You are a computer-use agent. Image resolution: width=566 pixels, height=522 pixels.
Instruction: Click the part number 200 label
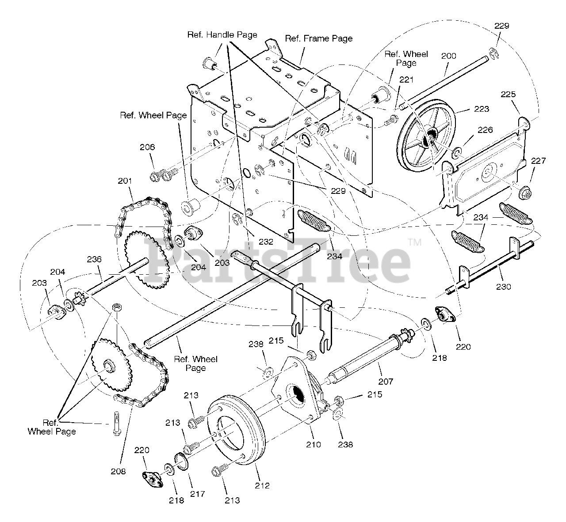[x=448, y=56]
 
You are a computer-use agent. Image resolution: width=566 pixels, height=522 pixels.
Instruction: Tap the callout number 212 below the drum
[x=262, y=486]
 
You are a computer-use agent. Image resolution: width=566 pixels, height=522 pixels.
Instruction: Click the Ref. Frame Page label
[x=318, y=38]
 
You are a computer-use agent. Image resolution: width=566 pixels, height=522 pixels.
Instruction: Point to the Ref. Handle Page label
[x=222, y=34]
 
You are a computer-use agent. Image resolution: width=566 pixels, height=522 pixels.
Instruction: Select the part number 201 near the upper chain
[x=125, y=181]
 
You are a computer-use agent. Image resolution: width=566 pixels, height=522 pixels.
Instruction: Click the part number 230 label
[x=504, y=287]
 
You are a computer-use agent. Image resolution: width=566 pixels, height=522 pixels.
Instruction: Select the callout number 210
[x=314, y=445]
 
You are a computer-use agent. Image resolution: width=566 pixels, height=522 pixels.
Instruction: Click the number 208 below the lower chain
[x=118, y=471]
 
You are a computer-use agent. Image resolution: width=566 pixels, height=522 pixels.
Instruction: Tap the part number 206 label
[x=148, y=148]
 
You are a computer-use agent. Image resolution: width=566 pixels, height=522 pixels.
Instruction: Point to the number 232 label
[x=266, y=242]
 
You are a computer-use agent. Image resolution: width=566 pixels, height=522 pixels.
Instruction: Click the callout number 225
[x=508, y=94]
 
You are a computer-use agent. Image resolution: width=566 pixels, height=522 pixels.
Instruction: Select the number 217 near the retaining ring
[x=197, y=494]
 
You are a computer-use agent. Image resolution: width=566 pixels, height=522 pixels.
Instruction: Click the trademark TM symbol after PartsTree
[x=414, y=242]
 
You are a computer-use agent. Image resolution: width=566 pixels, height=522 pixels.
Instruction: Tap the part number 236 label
[x=94, y=259]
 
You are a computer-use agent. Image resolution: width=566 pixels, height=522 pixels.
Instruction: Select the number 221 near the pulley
[x=406, y=80]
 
